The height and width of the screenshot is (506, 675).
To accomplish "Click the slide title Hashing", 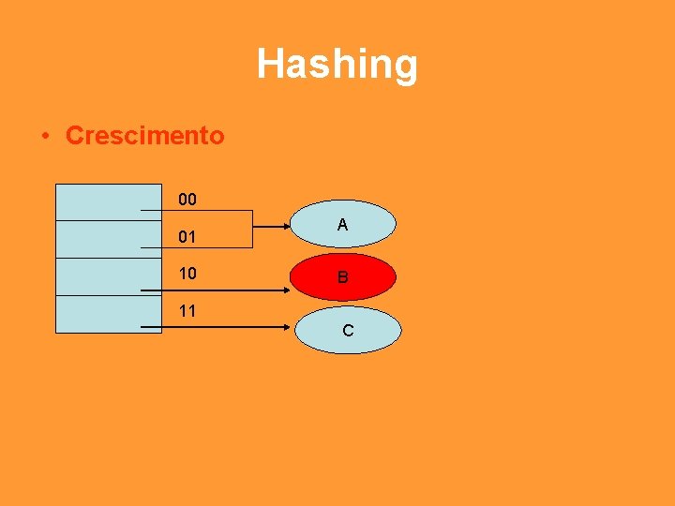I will (337, 65).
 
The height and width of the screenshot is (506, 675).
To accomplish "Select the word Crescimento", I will (145, 136).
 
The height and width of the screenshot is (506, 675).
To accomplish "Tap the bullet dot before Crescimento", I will (44, 136).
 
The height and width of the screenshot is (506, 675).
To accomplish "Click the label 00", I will (187, 201).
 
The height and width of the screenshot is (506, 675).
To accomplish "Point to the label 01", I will (187, 237).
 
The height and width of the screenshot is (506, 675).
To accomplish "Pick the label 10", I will (187, 274).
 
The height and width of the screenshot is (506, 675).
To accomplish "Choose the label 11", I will (187, 310).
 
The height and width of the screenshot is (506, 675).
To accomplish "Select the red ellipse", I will (342, 276).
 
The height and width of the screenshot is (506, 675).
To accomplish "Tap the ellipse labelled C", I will (347, 330).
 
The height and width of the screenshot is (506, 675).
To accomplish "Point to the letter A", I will (342, 225).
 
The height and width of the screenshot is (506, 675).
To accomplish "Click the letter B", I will (342, 277).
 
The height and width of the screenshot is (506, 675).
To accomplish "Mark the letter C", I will (348, 331).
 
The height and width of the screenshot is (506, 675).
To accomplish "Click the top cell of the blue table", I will (96, 201).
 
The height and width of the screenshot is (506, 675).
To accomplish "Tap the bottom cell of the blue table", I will (96, 314).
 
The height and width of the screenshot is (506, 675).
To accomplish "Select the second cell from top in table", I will (96, 239).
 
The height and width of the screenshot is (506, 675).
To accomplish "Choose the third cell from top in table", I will (96, 276).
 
